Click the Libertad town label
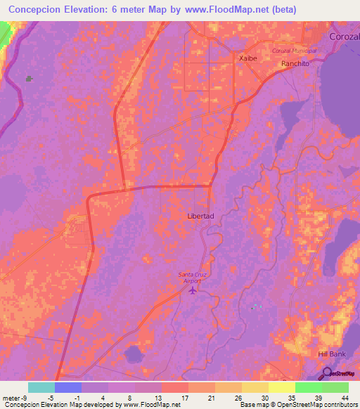(x=200, y=216)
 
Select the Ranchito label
(x=295, y=63)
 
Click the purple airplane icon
(x=194, y=292)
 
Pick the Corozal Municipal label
(x=294, y=51)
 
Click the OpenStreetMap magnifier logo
(x=328, y=374)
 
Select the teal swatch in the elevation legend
(x=41, y=387)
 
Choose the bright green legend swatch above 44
(x=335, y=387)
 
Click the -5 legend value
(x=41, y=397)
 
